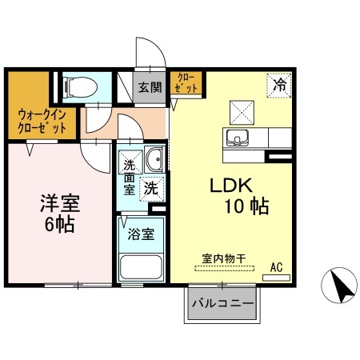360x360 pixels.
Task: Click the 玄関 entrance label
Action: point(147,87)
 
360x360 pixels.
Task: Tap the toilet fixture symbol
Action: point(77,85)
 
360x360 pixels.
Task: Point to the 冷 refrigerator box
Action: point(279,83)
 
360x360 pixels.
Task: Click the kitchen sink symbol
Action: point(237,138)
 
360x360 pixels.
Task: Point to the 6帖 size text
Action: point(58,223)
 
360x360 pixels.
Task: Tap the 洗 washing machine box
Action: point(150,190)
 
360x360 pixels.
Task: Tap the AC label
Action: point(276,266)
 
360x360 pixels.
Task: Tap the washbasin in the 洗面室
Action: point(155,159)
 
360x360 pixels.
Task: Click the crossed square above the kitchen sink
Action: point(238,110)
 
